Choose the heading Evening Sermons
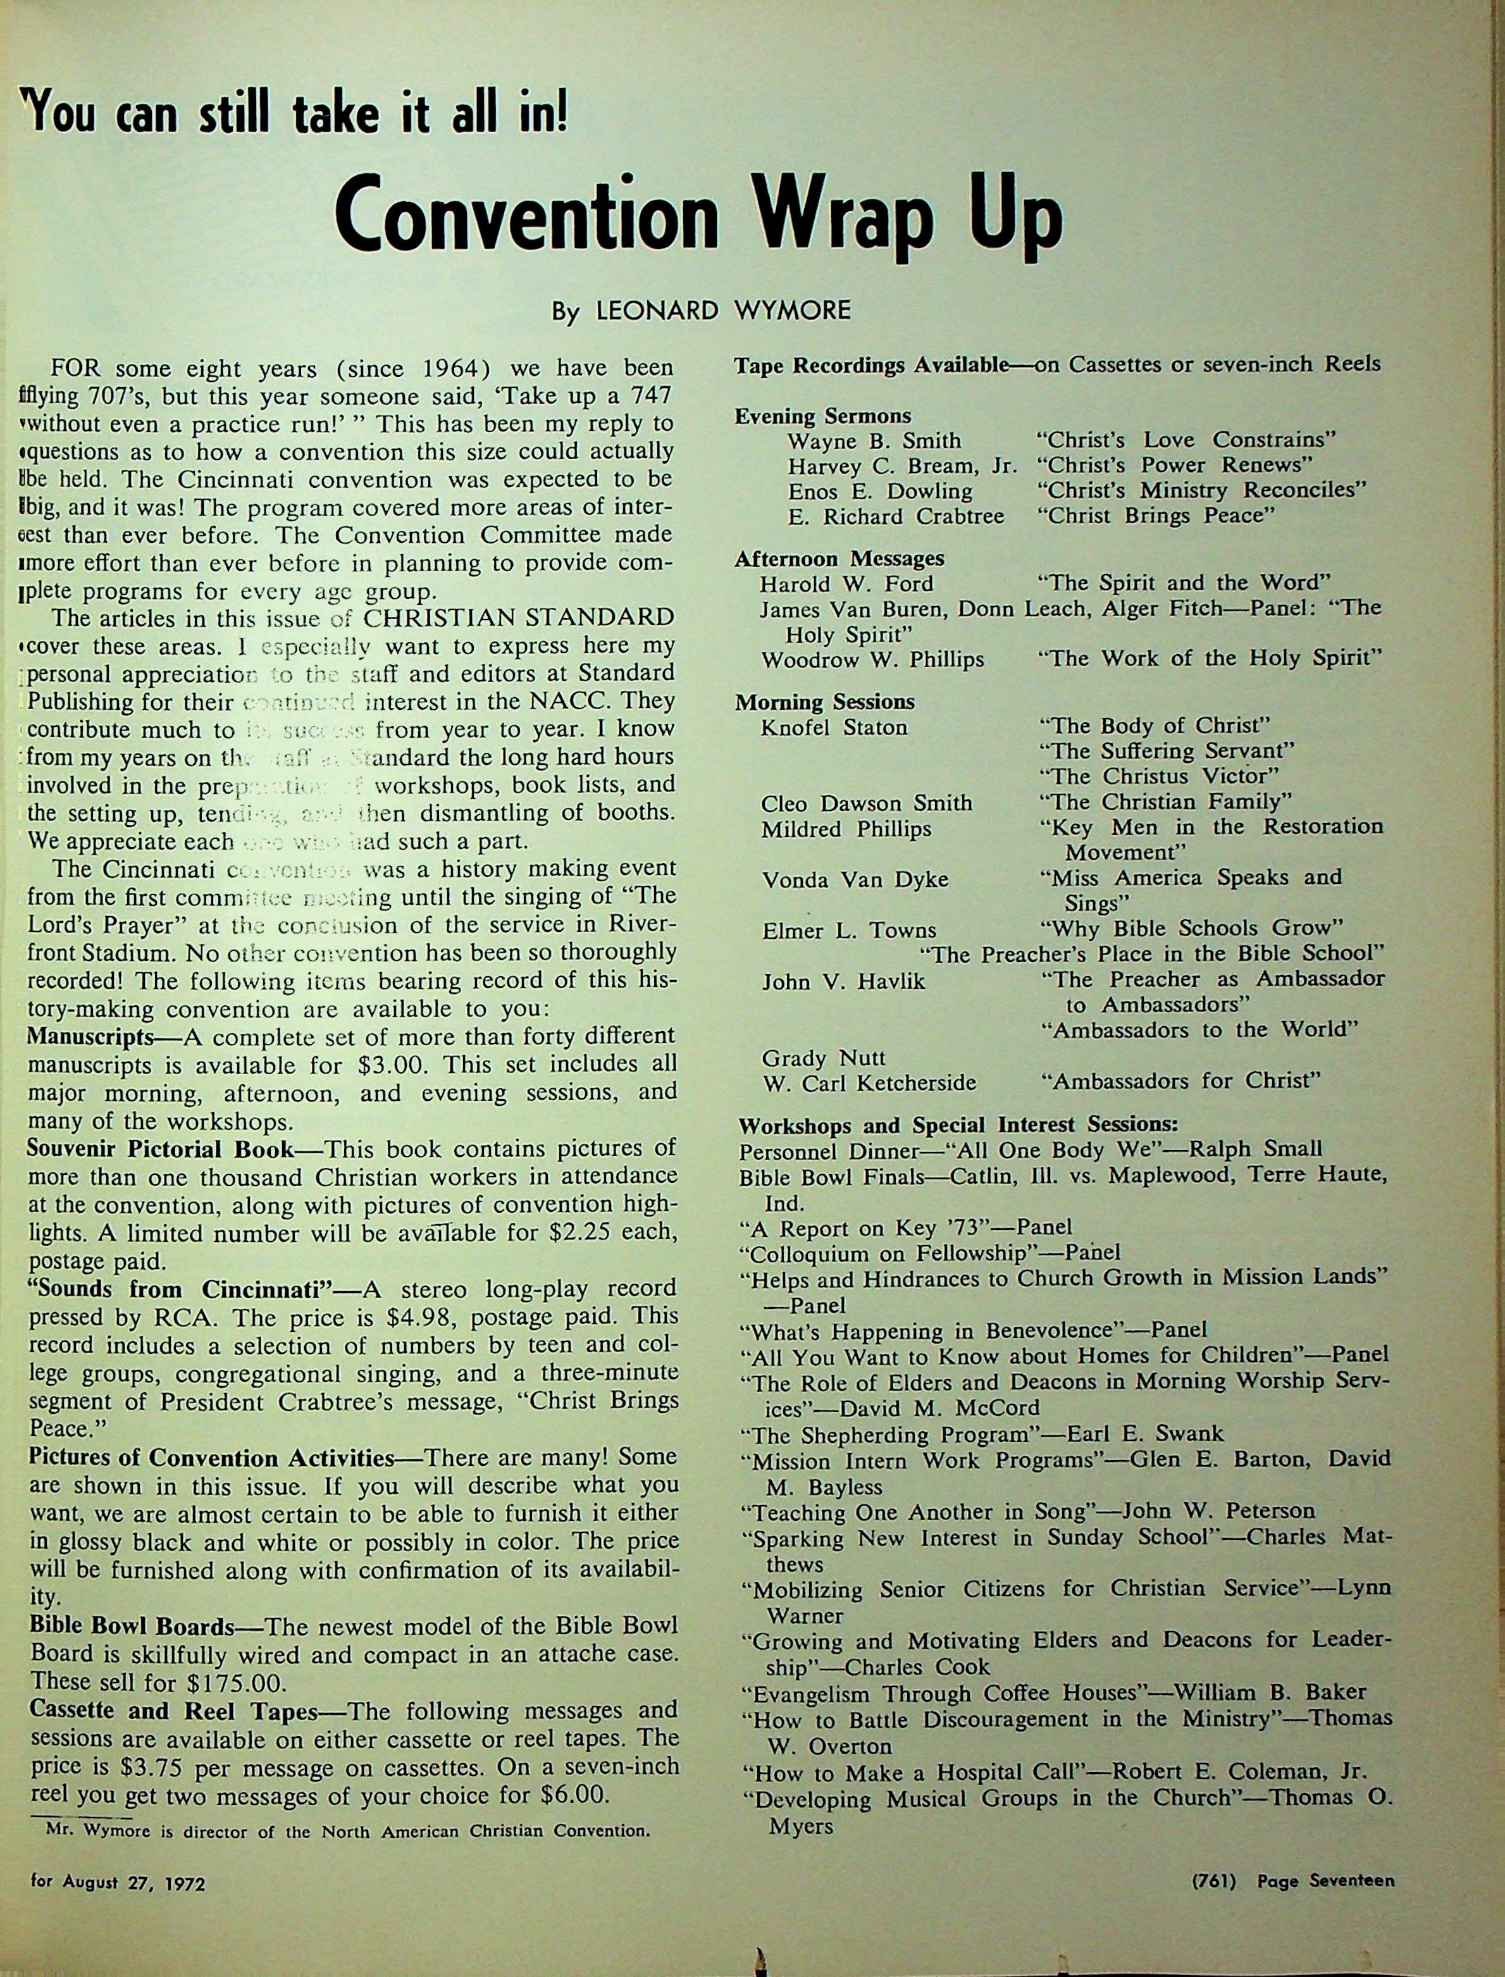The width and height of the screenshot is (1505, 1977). pos(822,416)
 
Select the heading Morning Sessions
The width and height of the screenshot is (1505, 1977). pos(824,702)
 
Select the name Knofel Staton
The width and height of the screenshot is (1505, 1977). pos(833,728)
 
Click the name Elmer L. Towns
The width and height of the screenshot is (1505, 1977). pos(848,931)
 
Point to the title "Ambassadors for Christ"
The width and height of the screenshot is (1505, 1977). pos(1180,1081)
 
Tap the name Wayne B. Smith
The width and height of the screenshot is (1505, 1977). pos(874,441)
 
